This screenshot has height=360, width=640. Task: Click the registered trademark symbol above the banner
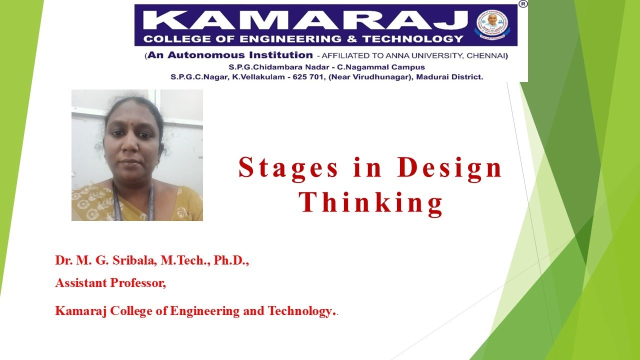pos(523,4)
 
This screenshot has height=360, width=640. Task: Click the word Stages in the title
pos(288,168)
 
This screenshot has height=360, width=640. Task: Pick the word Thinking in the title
pos(371,203)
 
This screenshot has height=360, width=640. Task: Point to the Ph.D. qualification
pos(231,261)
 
